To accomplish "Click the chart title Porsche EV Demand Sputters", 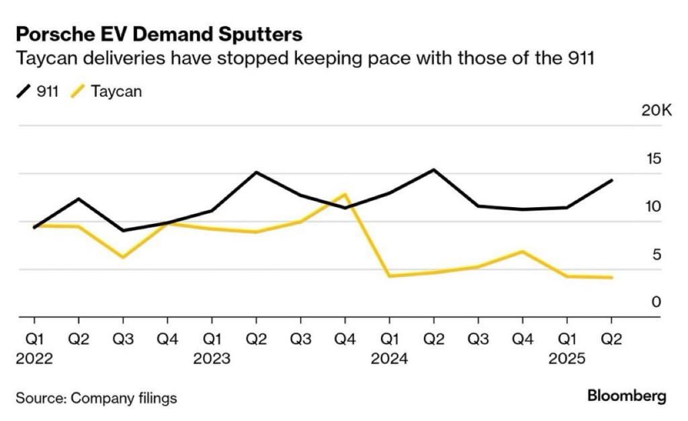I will [x=159, y=34].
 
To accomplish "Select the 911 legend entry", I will [x=39, y=91].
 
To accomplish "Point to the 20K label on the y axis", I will [x=656, y=110].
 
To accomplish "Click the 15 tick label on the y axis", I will [x=653, y=159].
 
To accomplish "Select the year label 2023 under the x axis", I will [x=212, y=359].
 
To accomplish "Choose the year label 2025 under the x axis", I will [x=567, y=359].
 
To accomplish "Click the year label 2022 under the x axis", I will [x=34, y=359].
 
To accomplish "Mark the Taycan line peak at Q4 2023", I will [x=345, y=194].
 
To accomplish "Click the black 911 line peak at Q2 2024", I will [x=434, y=169].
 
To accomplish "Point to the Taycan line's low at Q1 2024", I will [x=390, y=276].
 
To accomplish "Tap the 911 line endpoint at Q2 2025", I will [x=611, y=180].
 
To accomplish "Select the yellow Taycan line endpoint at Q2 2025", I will [x=611, y=277].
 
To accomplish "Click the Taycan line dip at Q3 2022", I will [x=123, y=258].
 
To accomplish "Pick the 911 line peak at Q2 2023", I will [x=256, y=172].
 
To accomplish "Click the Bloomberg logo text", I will [x=627, y=396].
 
